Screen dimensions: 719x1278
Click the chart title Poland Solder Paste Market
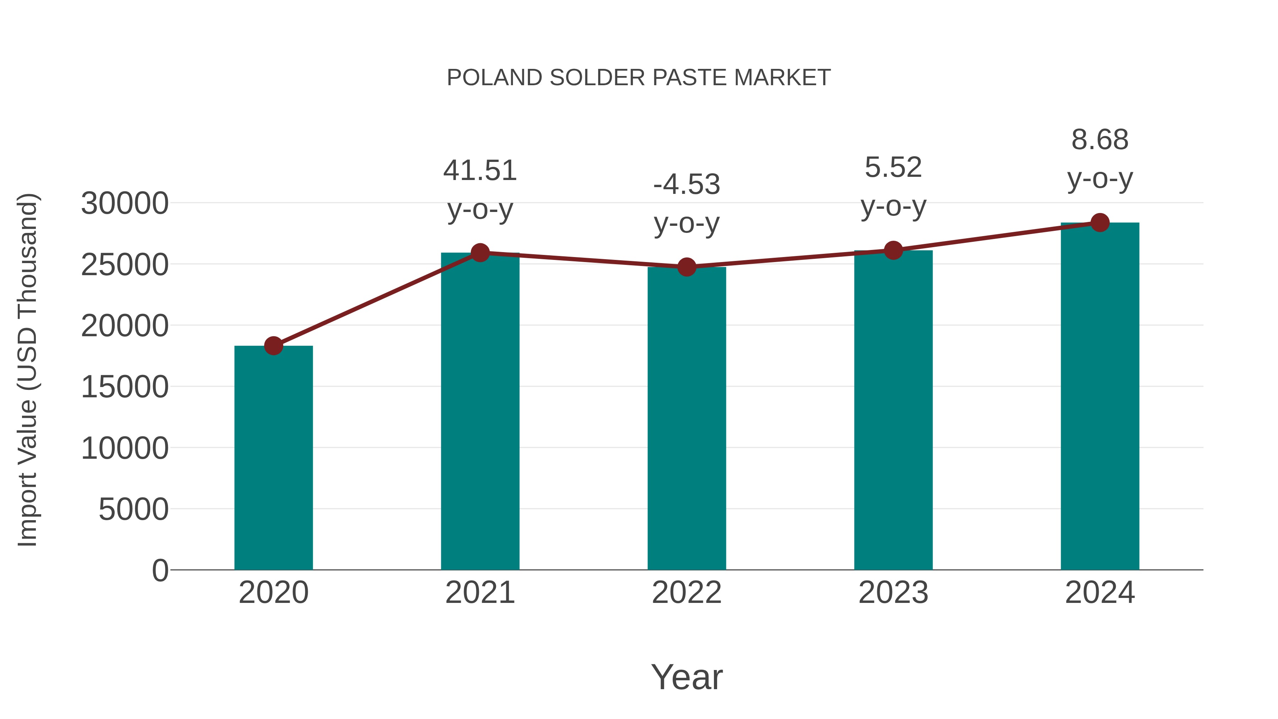[639, 78]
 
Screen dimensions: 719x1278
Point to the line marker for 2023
[893, 251]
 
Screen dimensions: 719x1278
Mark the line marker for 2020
[273, 345]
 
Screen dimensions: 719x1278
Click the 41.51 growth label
[480, 171]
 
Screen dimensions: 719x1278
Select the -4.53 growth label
[687, 185]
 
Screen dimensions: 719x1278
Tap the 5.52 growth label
[893, 167]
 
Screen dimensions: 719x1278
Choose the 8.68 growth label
[1100, 140]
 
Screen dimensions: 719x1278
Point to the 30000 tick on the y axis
[125, 203]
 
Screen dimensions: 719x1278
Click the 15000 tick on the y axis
[125, 387]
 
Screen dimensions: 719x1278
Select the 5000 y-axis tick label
[133, 510]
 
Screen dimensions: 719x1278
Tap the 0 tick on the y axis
[160, 571]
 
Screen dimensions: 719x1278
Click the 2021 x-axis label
[480, 593]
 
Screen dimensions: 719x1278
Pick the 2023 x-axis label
[893, 593]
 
